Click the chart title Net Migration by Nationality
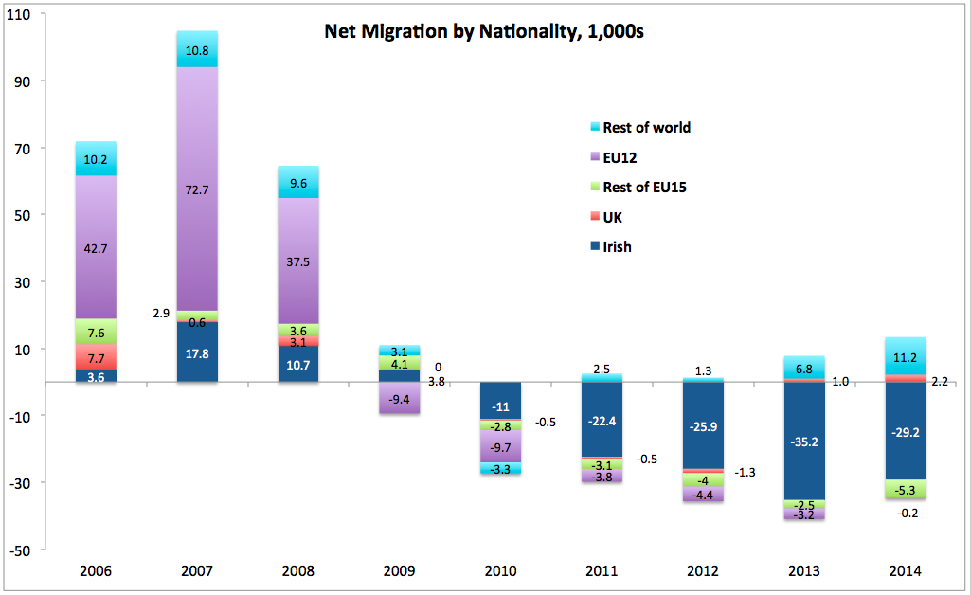coord(484,31)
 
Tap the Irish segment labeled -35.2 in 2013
coord(802,441)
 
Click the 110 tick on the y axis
coord(18,14)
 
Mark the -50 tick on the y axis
coord(18,550)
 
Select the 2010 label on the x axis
coord(500,571)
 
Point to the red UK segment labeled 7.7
coord(96,358)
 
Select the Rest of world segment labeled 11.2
coord(904,356)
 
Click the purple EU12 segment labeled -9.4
coord(399,399)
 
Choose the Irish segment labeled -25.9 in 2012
coord(702,426)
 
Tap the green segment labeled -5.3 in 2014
coord(904,489)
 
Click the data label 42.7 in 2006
coord(96,248)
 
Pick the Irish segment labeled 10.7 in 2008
coord(297,365)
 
